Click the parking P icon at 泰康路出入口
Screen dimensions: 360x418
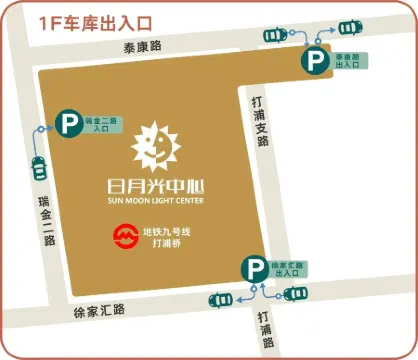(316, 62)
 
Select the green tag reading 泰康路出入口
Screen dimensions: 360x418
(348, 62)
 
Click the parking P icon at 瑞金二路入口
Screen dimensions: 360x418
(69, 125)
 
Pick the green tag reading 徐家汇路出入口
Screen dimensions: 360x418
(286, 267)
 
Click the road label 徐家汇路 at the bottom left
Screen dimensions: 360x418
(98, 310)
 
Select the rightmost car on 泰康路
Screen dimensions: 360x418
(349, 26)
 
